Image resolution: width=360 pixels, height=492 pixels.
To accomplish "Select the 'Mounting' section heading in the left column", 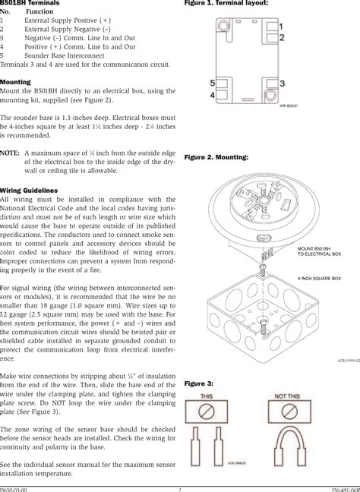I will tap(15, 81).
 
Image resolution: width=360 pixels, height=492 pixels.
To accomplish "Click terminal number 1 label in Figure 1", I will tap(281, 27).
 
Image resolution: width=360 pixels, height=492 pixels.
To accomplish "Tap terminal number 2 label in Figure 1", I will tap(281, 36).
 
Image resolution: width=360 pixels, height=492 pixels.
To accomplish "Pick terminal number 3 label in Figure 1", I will tap(282, 82).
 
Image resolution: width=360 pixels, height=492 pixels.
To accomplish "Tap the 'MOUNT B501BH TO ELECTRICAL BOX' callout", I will tap(320, 251).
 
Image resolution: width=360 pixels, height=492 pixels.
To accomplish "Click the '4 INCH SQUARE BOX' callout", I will tap(320, 279).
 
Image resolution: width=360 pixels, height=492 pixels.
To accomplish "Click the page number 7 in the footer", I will tap(180, 488).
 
